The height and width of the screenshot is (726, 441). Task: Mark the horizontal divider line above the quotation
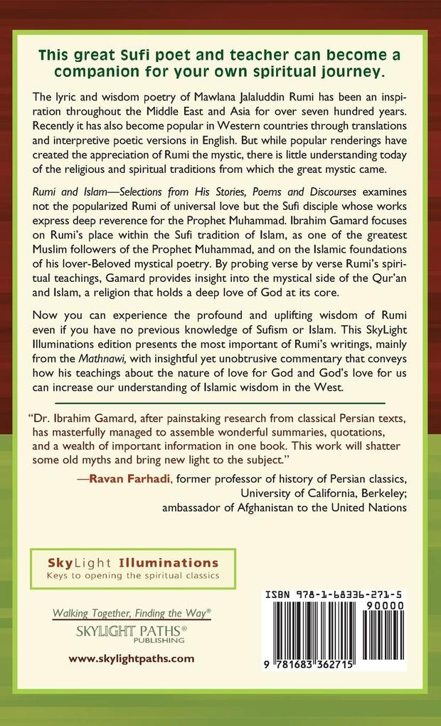[220, 403]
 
